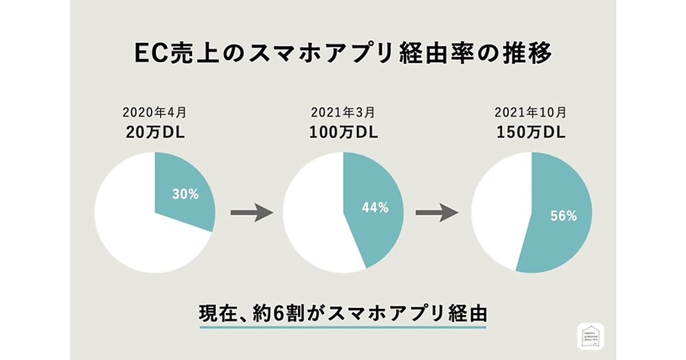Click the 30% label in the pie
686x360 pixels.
[x=185, y=194]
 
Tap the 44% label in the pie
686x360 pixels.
[x=375, y=208]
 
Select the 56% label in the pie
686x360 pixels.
[x=563, y=216]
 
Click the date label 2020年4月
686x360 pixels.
[x=155, y=114]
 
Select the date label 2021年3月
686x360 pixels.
[x=343, y=114]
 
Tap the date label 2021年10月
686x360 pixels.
[x=531, y=114]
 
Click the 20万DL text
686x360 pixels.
[x=155, y=133]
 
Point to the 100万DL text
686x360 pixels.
[x=343, y=133]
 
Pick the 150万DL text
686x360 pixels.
[x=531, y=133]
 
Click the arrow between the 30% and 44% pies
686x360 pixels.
[x=252, y=213]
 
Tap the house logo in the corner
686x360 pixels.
[x=591, y=337]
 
